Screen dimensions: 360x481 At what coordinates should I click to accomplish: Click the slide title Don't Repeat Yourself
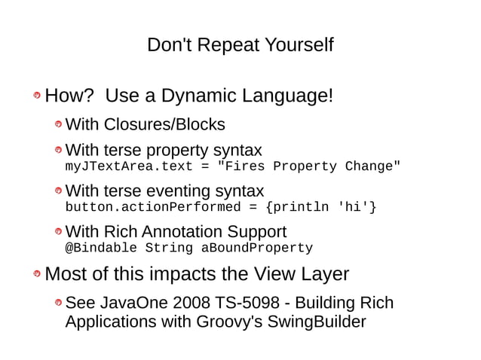coord(240,45)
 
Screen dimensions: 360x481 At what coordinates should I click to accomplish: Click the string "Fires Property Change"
coord(309,166)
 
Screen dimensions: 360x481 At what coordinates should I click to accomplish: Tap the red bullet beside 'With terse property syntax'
coord(57,151)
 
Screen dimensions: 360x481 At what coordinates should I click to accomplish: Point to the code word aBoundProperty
coord(256,248)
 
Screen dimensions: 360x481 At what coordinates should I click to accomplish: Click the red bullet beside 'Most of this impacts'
coord(36,276)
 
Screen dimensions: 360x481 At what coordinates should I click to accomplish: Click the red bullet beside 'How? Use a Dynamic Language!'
coord(36,98)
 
